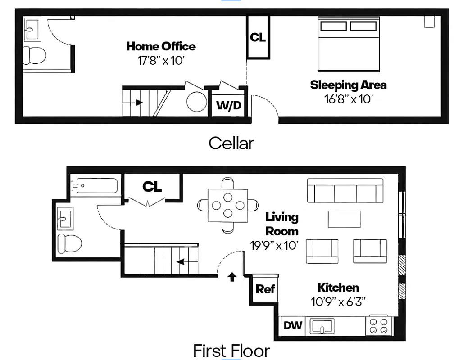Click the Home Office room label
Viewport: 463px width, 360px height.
point(161,46)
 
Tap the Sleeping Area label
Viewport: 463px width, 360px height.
point(348,85)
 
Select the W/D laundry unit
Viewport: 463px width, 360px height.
point(229,105)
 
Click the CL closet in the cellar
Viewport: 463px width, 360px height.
point(258,37)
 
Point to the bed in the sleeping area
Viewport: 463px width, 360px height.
point(349,44)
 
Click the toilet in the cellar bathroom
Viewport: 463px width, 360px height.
point(34,55)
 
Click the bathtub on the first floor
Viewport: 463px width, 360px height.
point(95,185)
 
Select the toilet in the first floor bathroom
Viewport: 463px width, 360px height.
point(69,243)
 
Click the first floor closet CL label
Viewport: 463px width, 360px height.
point(152,186)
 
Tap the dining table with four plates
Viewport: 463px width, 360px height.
point(227,205)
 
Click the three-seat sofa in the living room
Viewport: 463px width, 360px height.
point(345,191)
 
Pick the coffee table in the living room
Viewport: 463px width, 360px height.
point(344,219)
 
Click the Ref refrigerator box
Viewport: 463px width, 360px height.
point(265,289)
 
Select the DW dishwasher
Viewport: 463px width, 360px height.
point(293,325)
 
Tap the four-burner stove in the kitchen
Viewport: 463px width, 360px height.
point(379,325)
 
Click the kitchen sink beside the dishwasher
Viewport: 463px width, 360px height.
point(322,326)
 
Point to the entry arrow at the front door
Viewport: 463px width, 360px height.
point(232,277)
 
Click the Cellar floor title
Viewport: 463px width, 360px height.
point(231,144)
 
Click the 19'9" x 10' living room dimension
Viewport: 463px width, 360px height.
point(274,245)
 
